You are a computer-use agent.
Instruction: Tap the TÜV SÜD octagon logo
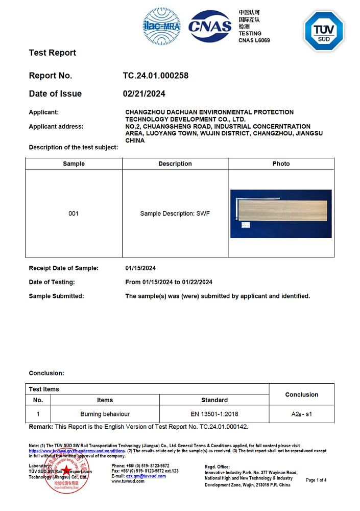coord(324,31)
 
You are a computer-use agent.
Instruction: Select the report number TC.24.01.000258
coord(156,76)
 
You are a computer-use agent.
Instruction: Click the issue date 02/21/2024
coord(144,94)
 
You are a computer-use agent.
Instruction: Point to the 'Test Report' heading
coord(53,53)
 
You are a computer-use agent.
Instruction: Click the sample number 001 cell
coord(74,213)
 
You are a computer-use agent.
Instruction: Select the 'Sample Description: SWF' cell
coord(175,213)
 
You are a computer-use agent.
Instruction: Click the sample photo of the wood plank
coord(281,214)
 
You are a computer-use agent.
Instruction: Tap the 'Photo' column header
coord(281,164)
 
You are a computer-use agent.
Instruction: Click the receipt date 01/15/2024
coord(140,268)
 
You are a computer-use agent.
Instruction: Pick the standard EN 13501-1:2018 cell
coord(214,414)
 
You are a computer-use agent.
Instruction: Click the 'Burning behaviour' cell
coord(105,414)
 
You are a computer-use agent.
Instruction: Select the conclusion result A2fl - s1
coord(301,414)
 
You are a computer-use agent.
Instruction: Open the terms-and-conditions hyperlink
coord(77,451)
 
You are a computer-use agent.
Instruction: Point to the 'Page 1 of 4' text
coord(316,480)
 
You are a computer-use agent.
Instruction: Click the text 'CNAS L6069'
coord(254,40)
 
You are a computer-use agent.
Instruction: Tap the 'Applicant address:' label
coord(56,126)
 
